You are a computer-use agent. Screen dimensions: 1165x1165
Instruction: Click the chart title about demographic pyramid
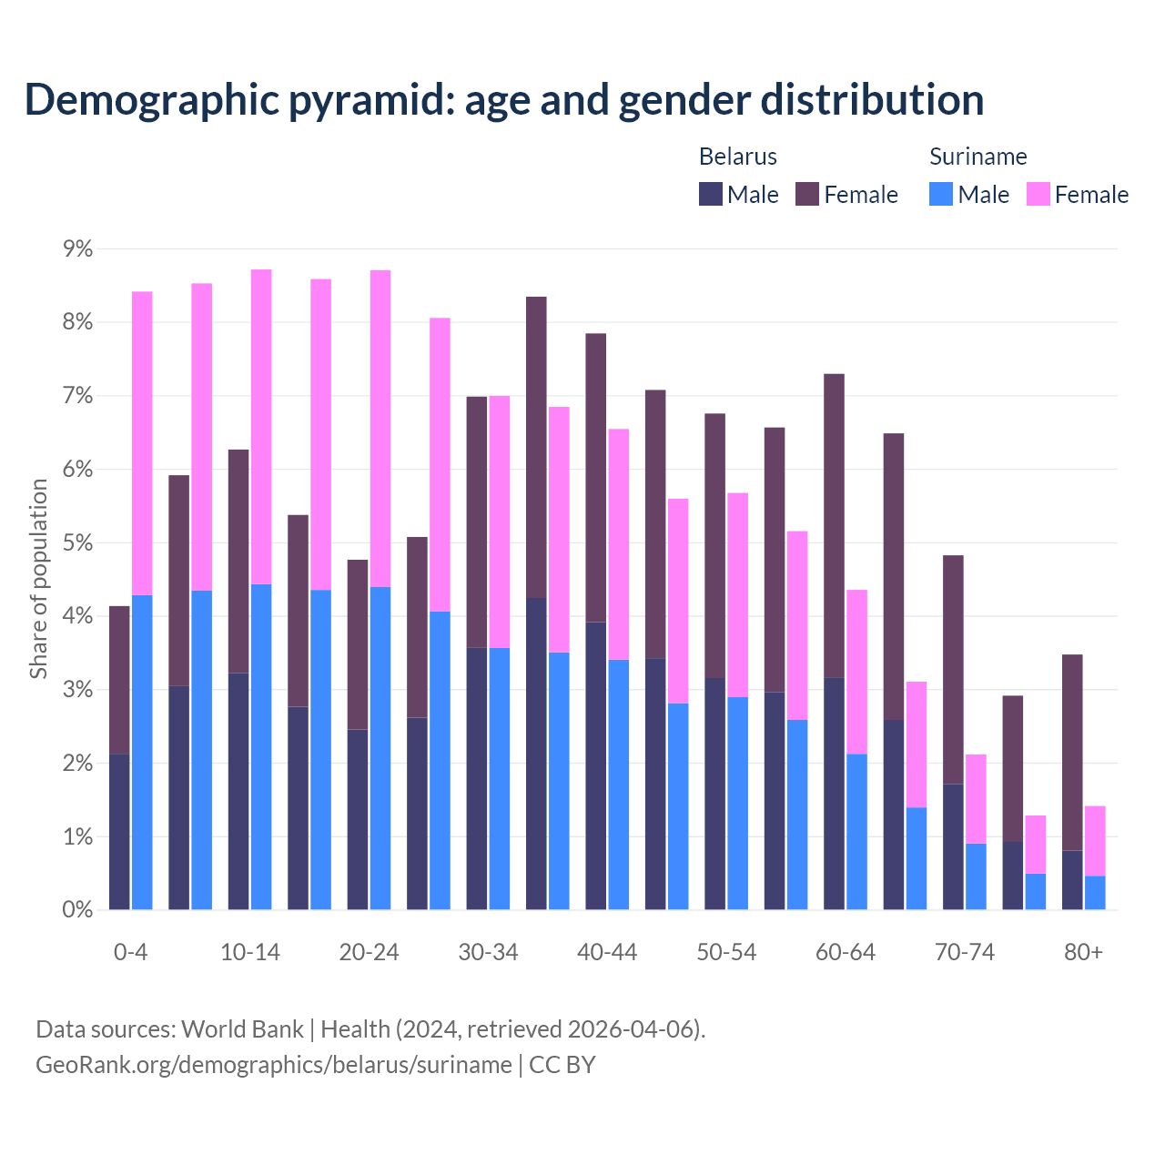(x=504, y=100)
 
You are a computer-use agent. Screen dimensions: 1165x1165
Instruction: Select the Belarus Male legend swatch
(x=711, y=194)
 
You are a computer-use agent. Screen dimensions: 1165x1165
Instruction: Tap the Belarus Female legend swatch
(x=807, y=194)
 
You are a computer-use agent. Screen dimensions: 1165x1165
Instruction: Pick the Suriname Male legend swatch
(x=941, y=194)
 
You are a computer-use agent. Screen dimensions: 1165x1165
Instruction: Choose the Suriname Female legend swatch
(x=1038, y=194)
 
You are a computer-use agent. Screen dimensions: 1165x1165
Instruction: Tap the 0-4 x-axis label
(x=130, y=953)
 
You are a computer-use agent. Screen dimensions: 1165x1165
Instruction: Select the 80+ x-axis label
(x=1083, y=953)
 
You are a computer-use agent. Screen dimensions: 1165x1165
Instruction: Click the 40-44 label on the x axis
(x=607, y=953)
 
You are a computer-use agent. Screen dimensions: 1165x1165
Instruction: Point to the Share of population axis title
(x=39, y=579)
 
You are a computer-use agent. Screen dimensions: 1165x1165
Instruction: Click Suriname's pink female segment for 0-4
(x=142, y=443)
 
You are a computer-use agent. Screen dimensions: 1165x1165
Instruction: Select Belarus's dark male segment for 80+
(x=1072, y=880)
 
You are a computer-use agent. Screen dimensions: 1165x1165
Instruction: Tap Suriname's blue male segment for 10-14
(x=261, y=746)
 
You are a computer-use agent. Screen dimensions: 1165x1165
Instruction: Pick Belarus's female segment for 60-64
(x=834, y=525)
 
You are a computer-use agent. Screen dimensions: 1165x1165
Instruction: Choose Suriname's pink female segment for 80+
(x=1095, y=841)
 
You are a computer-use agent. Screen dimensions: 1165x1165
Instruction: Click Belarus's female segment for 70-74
(x=953, y=669)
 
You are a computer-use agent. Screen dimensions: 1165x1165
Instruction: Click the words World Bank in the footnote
(x=242, y=1029)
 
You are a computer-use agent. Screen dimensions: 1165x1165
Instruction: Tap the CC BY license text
(x=562, y=1065)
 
